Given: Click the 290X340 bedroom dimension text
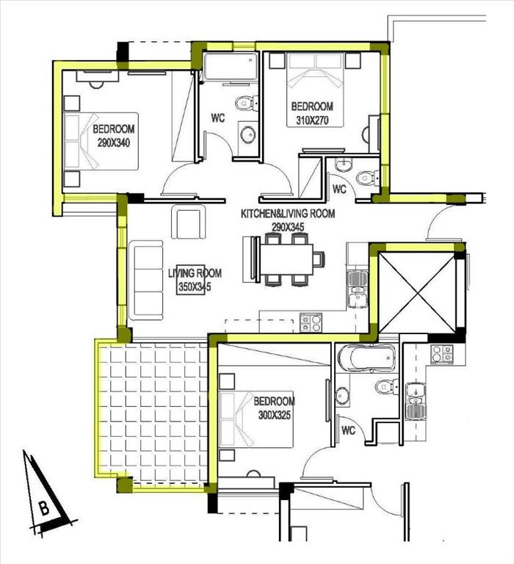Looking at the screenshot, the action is point(113,142).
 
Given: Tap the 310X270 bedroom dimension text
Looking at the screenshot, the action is point(312,120).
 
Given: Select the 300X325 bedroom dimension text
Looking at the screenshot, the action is point(275,415).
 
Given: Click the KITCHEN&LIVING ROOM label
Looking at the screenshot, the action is point(288,214).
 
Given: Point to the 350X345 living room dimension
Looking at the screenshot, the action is point(195,286).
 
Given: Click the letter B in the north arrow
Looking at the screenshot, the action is point(44,509).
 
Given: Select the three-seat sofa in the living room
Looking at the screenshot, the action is point(145,281).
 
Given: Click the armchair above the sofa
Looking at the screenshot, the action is point(189,222).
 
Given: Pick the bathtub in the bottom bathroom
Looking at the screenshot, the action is point(366,358).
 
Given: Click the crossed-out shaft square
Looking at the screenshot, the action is point(417,292).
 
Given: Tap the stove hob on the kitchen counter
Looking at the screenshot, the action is point(311,322).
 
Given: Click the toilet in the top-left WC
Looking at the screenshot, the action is point(247,104).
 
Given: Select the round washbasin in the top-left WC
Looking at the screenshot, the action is point(248,136).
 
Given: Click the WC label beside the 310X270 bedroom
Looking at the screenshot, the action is point(339,189).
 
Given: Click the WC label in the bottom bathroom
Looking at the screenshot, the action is point(348,430).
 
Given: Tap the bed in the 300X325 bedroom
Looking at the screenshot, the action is point(256,419).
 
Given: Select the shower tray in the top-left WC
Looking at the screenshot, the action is point(231,67).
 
